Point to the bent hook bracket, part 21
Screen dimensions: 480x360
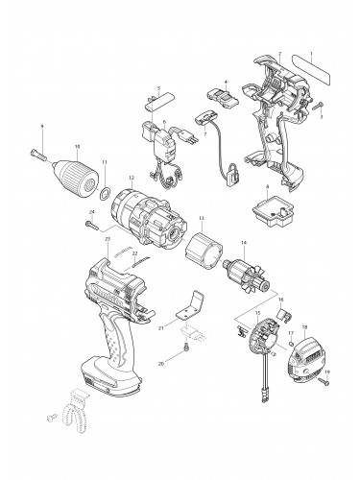[193, 314]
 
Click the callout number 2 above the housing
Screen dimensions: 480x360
[279, 54]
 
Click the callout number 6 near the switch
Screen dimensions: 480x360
[166, 122]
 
